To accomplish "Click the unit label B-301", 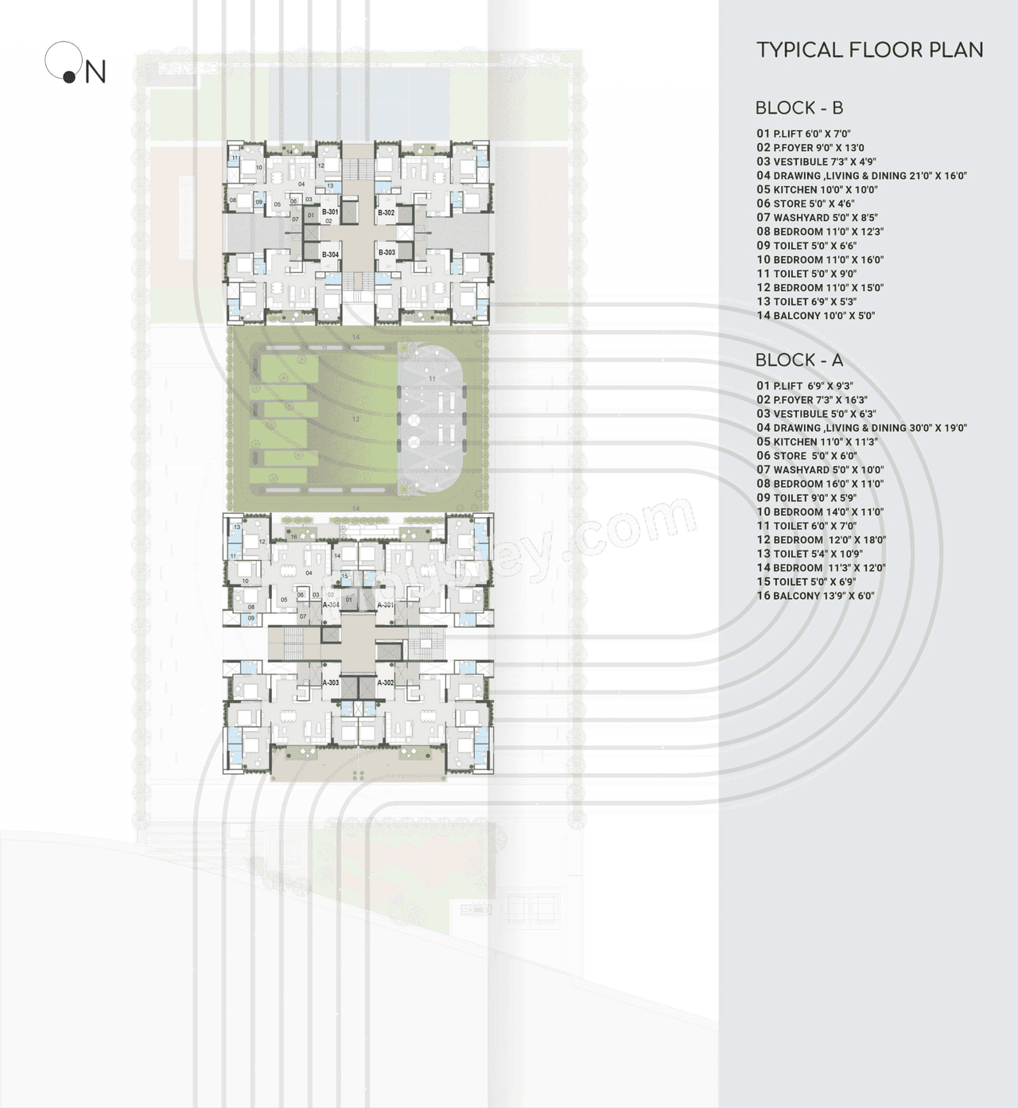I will point(330,212).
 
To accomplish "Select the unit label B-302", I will point(386,212).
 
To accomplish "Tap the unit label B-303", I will point(387,253).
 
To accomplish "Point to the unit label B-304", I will point(330,255).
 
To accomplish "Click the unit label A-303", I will point(330,682).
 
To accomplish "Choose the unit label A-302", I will point(385,682).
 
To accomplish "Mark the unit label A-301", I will point(386,605).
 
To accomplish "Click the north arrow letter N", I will point(95,72).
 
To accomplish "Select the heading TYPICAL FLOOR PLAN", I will point(869,50).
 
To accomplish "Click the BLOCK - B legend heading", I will point(798,107).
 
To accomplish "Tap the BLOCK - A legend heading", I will point(798,360).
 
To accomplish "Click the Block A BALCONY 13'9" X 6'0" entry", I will point(815,596).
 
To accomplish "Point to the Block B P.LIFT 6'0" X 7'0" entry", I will point(803,134).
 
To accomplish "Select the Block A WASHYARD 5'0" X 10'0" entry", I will point(820,469).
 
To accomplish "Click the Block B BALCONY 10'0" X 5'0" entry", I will point(815,315).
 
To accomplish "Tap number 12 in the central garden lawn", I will point(356,419).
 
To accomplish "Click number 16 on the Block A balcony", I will point(293,537).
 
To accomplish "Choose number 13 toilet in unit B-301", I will point(330,186).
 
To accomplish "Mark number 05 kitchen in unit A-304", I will point(284,600).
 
